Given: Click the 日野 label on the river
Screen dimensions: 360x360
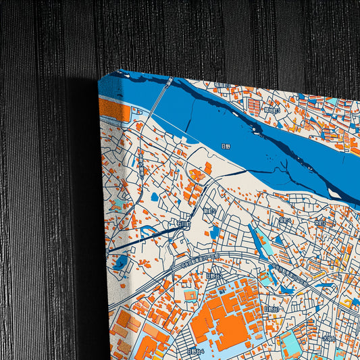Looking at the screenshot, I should coord(226,145).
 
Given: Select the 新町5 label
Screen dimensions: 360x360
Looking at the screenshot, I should coord(209,211).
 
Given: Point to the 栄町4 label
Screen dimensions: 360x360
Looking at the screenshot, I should coord(284,220).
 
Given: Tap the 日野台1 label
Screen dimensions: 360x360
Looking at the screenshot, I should coord(271,308).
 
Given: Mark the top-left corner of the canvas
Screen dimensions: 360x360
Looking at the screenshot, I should coord(99,76).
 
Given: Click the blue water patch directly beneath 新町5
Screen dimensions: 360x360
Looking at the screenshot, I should coord(214,232).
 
